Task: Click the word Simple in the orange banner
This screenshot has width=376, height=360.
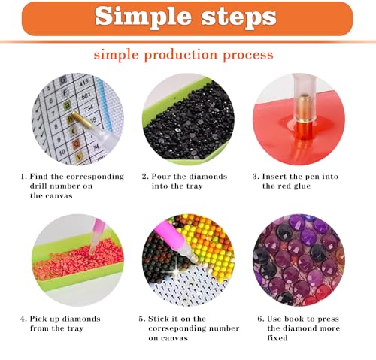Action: (x=143, y=17)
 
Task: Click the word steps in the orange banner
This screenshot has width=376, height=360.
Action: (x=239, y=17)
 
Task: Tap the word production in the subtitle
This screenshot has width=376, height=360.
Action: (x=180, y=56)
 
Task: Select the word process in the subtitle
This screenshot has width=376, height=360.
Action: (x=248, y=56)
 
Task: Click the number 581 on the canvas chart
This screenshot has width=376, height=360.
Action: (x=86, y=95)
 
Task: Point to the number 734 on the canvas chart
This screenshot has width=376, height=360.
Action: (x=89, y=109)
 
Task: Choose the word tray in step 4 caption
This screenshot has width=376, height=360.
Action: (x=75, y=328)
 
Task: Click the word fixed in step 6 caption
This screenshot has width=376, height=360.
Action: (x=277, y=338)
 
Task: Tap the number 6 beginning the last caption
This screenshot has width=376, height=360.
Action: (x=260, y=319)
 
